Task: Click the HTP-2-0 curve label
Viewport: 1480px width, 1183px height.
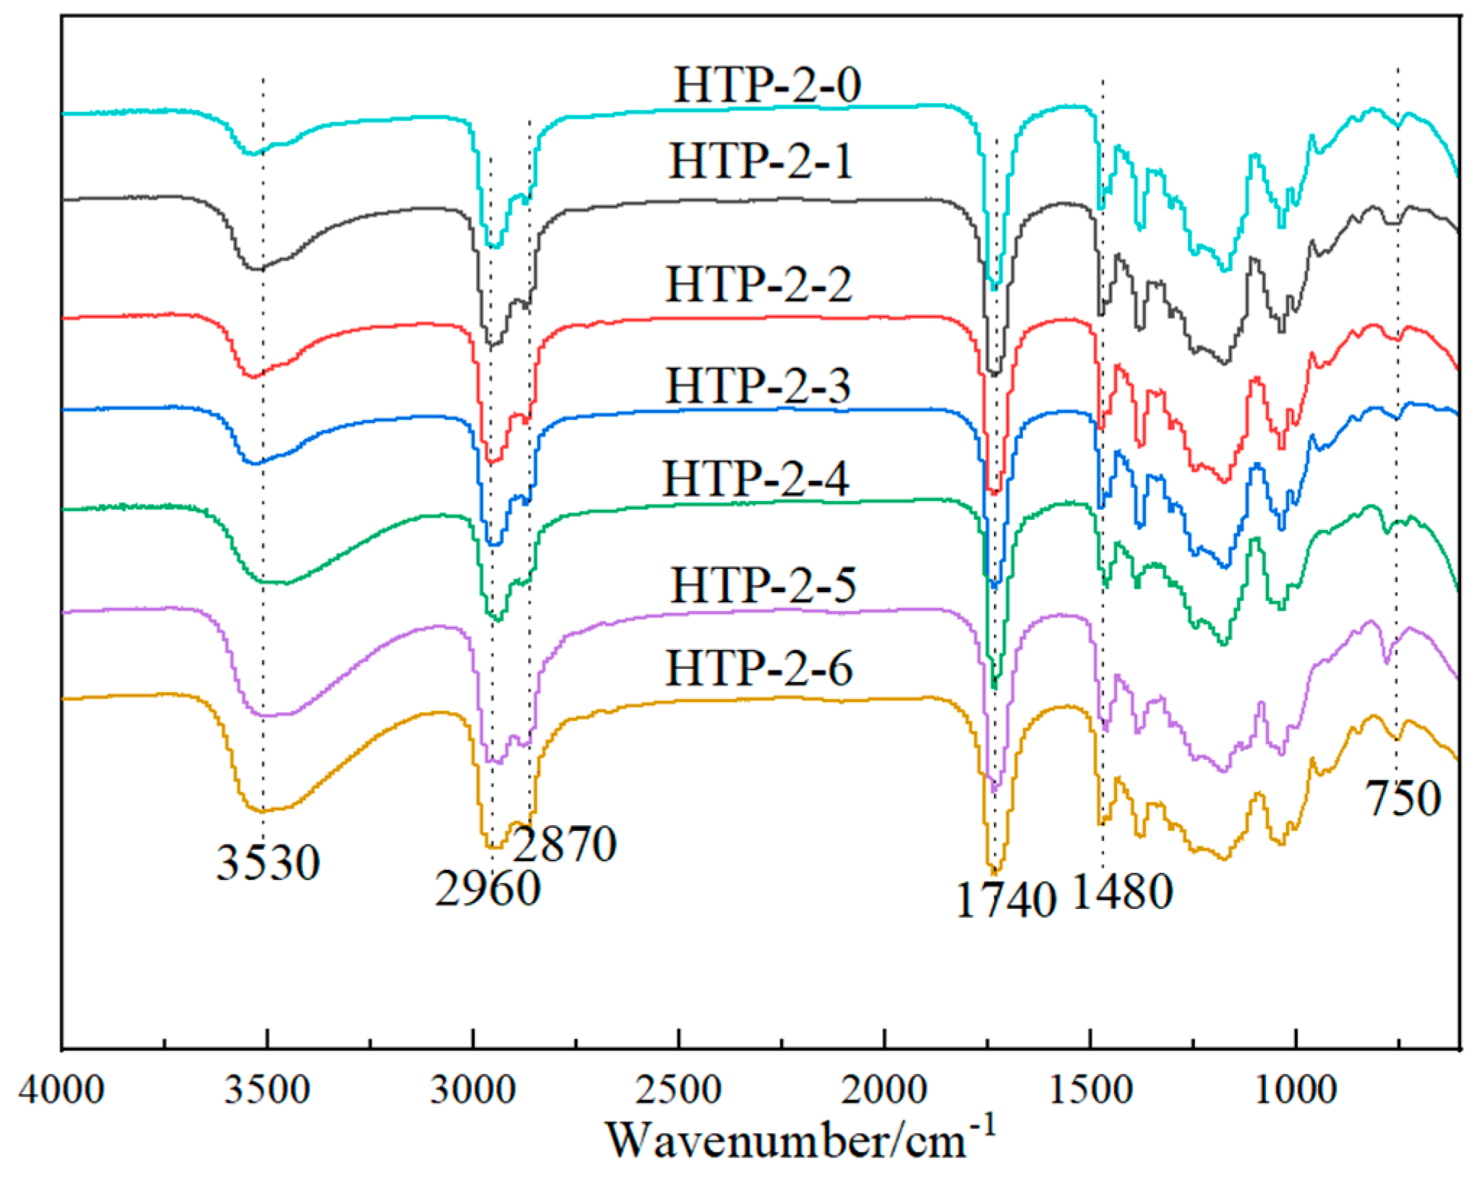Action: pyautogui.click(x=767, y=86)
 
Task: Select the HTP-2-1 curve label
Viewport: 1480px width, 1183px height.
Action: pyautogui.click(x=761, y=161)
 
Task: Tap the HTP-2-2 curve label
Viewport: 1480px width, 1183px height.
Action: pyautogui.click(x=758, y=285)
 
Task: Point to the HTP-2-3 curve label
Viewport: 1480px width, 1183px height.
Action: pyautogui.click(x=758, y=386)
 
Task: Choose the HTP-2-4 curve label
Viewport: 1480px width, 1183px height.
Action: pyautogui.click(x=756, y=479)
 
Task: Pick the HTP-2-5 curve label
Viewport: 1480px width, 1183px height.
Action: pyautogui.click(x=763, y=585)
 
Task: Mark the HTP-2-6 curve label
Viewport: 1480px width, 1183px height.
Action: pyautogui.click(x=759, y=668)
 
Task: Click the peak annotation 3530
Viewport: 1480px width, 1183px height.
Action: pyautogui.click(x=268, y=863)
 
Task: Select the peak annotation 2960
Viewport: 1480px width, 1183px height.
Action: pyautogui.click(x=487, y=889)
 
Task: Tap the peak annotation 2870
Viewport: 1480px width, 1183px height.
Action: pyautogui.click(x=565, y=844)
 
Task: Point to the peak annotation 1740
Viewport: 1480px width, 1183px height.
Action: pyautogui.click(x=1006, y=901)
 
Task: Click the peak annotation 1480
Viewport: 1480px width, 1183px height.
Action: pyautogui.click(x=1122, y=892)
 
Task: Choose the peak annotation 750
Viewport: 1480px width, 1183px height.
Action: pyautogui.click(x=1403, y=799)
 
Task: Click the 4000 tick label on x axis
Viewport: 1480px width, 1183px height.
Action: pyautogui.click(x=61, y=1090)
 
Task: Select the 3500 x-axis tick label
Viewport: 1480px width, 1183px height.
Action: pyautogui.click(x=267, y=1090)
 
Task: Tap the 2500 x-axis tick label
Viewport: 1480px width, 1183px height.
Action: pyautogui.click(x=678, y=1090)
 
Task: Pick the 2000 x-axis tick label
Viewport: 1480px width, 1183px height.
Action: pyautogui.click(x=884, y=1090)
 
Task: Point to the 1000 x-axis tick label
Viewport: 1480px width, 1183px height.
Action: pyautogui.click(x=1296, y=1090)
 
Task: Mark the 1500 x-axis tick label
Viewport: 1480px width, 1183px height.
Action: pyautogui.click(x=1090, y=1090)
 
